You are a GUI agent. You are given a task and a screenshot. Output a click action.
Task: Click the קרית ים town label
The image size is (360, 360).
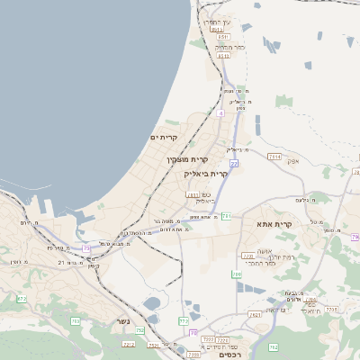pyautogui.click(x=165, y=137)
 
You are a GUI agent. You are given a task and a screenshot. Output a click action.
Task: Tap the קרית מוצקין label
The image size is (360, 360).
pyautogui.click(x=180, y=159)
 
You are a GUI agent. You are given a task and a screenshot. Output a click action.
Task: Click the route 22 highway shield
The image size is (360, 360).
pyautogui.click(x=234, y=163)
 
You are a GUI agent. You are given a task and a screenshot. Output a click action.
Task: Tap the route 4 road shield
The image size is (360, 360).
pyautogui.click(x=220, y=113)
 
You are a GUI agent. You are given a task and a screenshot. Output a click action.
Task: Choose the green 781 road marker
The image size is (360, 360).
pyautogui.click(x=227, y=216)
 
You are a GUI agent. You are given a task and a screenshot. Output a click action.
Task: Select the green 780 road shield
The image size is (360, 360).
pyautogui.click(x=236, y=274)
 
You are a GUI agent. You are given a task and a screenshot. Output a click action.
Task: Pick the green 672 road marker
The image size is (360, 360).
pyautogui.click(x=22, y=298)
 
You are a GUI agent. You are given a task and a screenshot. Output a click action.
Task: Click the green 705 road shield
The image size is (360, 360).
pyautogui.click(x=76, y=321)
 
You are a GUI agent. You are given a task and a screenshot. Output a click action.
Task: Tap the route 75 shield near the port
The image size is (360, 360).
pyautogui.click(x=86, y=248)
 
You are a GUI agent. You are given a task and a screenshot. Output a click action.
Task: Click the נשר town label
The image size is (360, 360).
pyautogui.click(x=121, y=321)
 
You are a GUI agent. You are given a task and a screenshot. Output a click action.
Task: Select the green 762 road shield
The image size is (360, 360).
pyautogui.click(x=274, y=346)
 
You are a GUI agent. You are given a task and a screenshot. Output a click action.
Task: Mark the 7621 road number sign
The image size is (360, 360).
pyautogui.click(x=255, y=315)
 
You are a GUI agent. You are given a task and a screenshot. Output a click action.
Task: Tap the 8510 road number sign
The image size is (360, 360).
pyautogui.click(x=223, y=37)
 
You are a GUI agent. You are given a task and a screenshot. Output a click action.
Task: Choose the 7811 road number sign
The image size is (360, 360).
pyautogui.click(x=191, y=194)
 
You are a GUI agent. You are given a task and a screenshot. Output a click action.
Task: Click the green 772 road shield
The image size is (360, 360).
pyautogui.click(x=184, y=320)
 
